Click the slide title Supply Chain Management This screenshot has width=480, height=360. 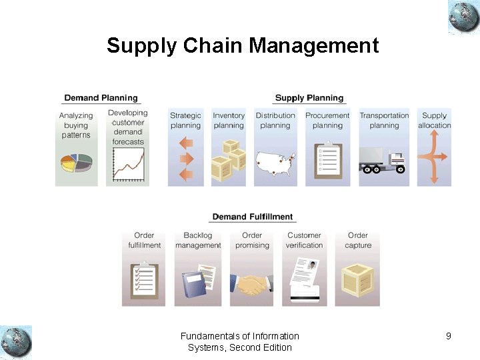coord(243,46)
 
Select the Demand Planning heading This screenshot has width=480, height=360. coord(101,98)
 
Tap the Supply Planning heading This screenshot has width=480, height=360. coord(309,98)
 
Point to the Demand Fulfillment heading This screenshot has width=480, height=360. coord(253,217)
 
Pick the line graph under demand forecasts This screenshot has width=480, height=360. coord(127,164)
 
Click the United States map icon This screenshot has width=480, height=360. coord(275,163)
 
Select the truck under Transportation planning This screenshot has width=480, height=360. coord(383,163)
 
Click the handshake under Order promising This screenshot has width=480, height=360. coord(251,285)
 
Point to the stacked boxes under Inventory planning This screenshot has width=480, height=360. coord(228,162)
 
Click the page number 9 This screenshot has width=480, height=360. coord(449,336)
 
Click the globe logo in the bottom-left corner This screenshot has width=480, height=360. coord(16,342)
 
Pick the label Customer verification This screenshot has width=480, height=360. coord(305,240)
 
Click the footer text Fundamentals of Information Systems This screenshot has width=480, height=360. coord(240,336)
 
